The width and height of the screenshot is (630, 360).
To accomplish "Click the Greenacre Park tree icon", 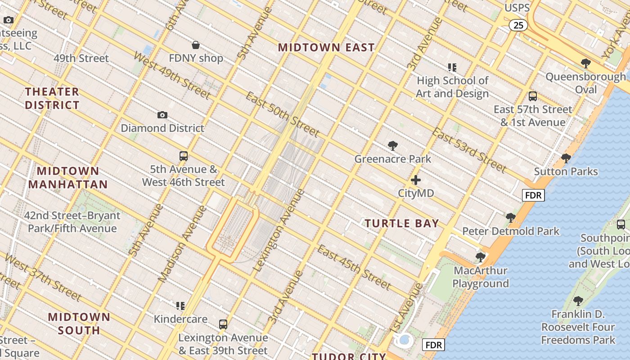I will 393,145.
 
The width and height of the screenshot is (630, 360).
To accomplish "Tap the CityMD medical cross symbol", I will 416,180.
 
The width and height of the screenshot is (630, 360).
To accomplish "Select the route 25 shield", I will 518,25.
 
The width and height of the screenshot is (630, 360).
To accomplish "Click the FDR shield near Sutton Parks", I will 533,195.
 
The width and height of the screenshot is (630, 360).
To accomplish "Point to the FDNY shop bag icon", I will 196,45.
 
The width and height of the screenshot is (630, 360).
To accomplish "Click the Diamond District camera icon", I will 162,115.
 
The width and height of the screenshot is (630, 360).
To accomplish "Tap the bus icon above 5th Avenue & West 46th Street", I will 184,156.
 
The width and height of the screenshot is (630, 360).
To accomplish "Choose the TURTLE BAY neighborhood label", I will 401,223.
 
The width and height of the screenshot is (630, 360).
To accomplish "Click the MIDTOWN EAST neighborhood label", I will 326,47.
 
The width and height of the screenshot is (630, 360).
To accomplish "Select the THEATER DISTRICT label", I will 52,99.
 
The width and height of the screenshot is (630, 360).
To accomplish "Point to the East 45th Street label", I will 354,267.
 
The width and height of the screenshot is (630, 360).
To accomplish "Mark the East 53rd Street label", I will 469,150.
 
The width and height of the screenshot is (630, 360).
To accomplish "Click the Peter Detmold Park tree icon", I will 510,218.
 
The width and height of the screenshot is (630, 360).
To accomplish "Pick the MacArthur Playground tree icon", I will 481,257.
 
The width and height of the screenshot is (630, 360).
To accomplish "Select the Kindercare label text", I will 180,319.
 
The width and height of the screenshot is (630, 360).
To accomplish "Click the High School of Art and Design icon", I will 452,67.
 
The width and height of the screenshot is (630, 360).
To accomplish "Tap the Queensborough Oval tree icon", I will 585,63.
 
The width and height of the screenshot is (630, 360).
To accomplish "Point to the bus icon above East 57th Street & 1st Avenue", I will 533,96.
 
